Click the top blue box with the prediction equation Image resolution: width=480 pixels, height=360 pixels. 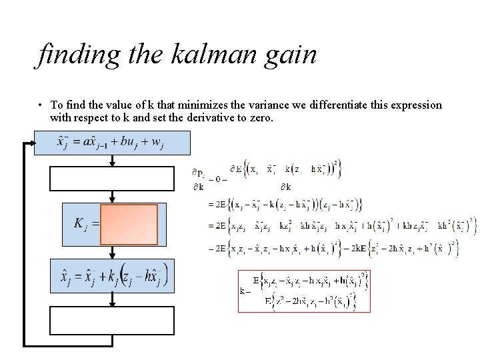click(x=112, y=143)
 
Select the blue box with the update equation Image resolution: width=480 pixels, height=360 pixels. click(x=112, y=274)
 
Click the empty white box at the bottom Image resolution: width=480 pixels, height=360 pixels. click(x=112, y=320)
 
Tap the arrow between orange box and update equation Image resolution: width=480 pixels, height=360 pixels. click(x=112, y=251)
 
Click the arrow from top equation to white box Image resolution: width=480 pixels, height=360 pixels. click(x=112, y=160)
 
